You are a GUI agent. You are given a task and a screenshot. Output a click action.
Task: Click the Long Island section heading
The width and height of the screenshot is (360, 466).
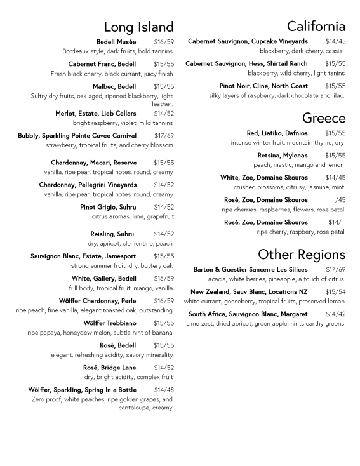click(x=138, y=27)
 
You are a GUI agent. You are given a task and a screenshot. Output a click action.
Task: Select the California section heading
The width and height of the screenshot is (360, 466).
click(x=316, y=26)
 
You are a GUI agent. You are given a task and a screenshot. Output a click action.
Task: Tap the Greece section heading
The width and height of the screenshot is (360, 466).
click(x=323, y=118)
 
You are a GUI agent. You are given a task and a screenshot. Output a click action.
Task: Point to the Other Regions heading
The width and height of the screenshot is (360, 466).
click(x=302, y=255)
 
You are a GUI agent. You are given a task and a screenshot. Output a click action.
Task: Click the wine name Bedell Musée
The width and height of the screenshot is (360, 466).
click(x=116, y=42)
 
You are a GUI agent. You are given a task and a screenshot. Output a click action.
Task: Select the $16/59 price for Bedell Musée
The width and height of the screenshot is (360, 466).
click(x=164, y=42)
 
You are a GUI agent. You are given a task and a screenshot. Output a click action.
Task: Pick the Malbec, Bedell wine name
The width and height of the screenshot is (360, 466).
click(x=114, y=86)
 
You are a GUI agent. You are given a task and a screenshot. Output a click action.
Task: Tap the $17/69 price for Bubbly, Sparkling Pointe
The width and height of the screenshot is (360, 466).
click(x=164, y=136)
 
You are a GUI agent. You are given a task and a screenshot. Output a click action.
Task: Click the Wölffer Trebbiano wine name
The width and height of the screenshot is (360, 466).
click(x=110, y=323)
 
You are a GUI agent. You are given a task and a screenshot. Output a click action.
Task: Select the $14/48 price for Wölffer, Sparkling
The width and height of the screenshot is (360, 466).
click(x=164, y=390)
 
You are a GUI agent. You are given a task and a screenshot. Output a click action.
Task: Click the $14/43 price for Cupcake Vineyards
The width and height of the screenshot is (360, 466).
click(x=335, y=41)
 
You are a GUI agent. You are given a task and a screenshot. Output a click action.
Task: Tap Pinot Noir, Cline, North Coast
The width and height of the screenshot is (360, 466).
click(x=263, y=86)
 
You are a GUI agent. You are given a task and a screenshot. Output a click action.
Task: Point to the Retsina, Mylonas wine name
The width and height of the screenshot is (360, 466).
click(x=282, y=156)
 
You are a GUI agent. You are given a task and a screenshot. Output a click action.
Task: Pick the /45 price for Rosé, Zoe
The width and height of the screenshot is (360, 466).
click(x=340, y=200)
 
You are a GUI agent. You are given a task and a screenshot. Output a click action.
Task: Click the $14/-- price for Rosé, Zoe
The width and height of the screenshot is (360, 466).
click(x=337, y=222)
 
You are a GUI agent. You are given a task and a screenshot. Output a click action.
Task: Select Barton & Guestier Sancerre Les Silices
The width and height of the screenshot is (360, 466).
click(x=250, y=270)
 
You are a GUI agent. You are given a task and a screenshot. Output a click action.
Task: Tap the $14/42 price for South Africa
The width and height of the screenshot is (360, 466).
click(x=335, y=314)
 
